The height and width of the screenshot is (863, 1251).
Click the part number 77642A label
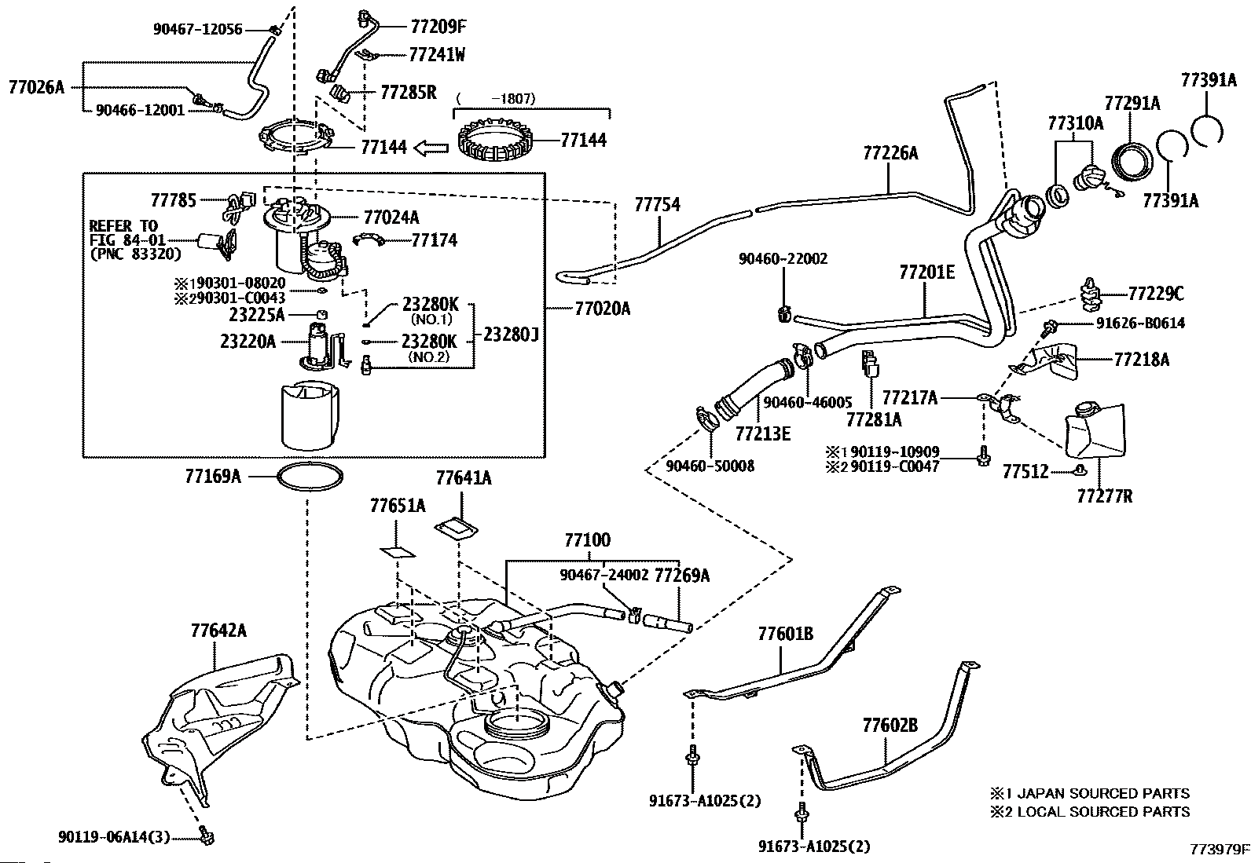coord(218,631)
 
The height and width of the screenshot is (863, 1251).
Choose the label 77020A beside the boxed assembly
coord(602,309)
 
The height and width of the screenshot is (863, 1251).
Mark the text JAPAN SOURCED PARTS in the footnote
coord(1103,794)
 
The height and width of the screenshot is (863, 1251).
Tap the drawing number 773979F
coord(1219,849)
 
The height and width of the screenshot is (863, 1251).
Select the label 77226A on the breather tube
coord(890,154)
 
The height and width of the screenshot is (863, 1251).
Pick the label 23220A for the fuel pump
coord(248,342)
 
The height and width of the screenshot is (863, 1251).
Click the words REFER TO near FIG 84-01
coord(123,226)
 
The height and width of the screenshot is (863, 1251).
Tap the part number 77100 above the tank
coord(586,540)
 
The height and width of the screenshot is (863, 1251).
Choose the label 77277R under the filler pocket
coord(1104,496)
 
